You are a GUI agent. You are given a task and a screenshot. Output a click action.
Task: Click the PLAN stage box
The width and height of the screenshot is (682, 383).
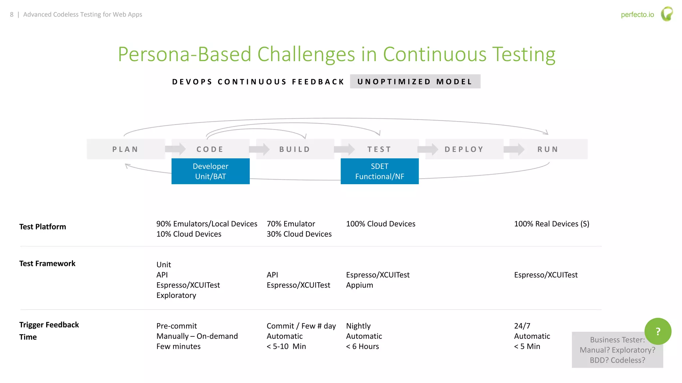[x=126, y=149]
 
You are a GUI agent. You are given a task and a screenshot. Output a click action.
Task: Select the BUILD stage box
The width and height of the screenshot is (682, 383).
[x=295, y=149]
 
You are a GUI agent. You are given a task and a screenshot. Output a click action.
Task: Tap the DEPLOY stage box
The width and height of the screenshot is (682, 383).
[x=464, y=149]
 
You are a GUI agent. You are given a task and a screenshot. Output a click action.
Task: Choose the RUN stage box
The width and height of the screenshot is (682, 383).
[x=548, y=149]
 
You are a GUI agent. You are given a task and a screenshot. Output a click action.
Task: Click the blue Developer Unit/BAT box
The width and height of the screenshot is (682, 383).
[x=210, y=171]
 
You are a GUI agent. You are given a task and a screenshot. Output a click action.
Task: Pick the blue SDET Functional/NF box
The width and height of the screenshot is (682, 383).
[x=380, y=171]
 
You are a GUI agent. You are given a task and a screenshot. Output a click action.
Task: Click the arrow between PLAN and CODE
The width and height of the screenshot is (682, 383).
[x=175, y=149]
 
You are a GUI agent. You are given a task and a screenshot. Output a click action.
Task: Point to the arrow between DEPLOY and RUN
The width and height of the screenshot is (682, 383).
[x=514, y=149]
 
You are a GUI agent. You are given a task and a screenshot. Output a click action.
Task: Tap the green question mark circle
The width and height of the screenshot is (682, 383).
[x=658, y=331]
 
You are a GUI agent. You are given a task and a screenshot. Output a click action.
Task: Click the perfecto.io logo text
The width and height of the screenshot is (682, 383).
[x=637, y=15]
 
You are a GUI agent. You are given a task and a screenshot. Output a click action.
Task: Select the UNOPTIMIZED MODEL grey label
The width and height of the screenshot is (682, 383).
[x=415, y=81]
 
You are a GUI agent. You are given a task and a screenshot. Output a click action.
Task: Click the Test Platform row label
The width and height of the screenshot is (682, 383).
[x=43, y=227]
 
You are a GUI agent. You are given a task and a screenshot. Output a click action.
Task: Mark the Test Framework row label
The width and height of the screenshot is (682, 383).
[x=47, y=264]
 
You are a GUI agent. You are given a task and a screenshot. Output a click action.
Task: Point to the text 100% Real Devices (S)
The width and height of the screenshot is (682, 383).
[x=551, y=224]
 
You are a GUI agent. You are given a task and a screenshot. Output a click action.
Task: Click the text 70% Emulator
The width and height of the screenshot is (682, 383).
[x=291, y=224]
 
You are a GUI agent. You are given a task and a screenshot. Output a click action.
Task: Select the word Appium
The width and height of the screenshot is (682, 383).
[x=359, y=285]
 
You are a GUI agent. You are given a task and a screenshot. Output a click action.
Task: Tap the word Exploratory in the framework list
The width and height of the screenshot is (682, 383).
[x=176, y=295]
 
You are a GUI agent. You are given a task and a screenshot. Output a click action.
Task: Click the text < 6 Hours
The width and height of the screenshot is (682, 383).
[x=362, y=346]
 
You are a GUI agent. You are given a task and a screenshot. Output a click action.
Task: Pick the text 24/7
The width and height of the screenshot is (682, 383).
[x=522, y=326]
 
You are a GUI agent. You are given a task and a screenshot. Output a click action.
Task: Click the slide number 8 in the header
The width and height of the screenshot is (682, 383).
[x=12, y=15]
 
